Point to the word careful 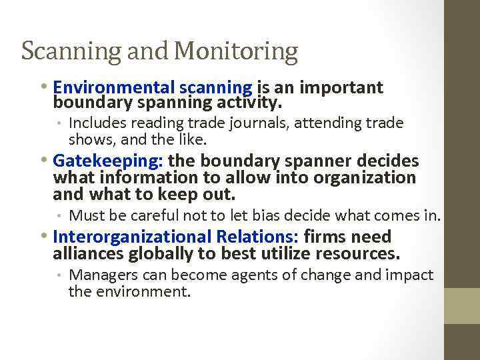point(158,215)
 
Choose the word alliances point(87,253)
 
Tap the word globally point(160,253)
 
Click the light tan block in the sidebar point(462,306)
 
